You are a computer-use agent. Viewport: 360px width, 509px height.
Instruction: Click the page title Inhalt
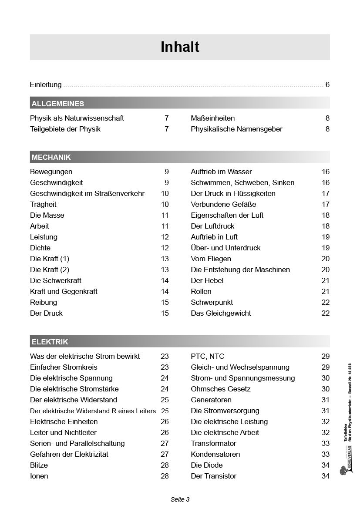click(x=180, y=47)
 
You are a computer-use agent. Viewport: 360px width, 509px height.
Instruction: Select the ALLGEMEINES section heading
click(x=58, y=104)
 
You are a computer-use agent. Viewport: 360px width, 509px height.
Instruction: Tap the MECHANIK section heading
click(x=51, y=157)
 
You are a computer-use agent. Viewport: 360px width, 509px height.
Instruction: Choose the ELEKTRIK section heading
click(x=50, y=342)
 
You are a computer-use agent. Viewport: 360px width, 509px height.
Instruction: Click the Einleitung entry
click(x=46, y=84)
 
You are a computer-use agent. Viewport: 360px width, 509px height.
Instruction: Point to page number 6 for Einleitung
click(x=327, y=84)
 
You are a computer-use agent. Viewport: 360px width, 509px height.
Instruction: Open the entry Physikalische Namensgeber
click(x=236, y=129)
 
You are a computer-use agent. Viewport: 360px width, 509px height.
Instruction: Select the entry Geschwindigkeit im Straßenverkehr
click(x=87, y=193)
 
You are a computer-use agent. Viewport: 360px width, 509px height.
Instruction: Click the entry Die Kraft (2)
click(x=50, y=270)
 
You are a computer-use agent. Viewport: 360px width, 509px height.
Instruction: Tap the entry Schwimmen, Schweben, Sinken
click(x=242, y=182)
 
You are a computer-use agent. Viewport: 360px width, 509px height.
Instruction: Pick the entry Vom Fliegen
click(x=211, y=259)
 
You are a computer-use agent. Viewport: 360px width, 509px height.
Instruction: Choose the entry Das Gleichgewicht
click(x=221, y=313)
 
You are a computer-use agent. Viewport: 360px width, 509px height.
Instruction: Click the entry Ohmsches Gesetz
click(x=221, y=389)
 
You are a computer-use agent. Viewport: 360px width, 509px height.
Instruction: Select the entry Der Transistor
click(x=213, y=476)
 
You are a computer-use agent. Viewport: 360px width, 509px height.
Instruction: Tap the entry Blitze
click(x=39, y=465)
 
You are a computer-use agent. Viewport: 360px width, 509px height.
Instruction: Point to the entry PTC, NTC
click(x=207, y=356)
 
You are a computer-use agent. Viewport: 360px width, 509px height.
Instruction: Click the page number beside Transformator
click(x=325, y=443)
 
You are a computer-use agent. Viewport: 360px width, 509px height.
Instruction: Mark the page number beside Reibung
click(x=165, y=302)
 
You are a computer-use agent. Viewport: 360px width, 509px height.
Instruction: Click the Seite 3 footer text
click(x=180, y=499)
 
